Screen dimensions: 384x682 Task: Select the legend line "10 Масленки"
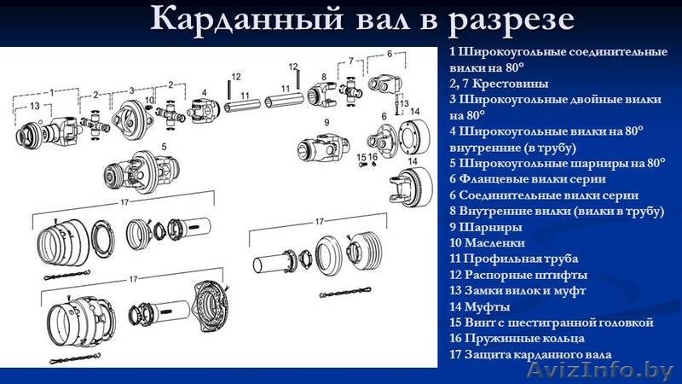tap(485, 243)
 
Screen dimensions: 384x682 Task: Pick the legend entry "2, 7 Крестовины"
tap(498, 84)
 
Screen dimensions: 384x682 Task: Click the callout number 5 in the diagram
tap(164, 146)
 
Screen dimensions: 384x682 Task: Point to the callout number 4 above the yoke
tap(204, 92)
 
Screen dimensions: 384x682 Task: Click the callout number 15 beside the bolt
tap(361, 157)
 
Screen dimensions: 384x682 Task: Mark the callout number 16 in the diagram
tap(373, 157)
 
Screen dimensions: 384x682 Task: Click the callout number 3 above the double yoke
tap(132, 92)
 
